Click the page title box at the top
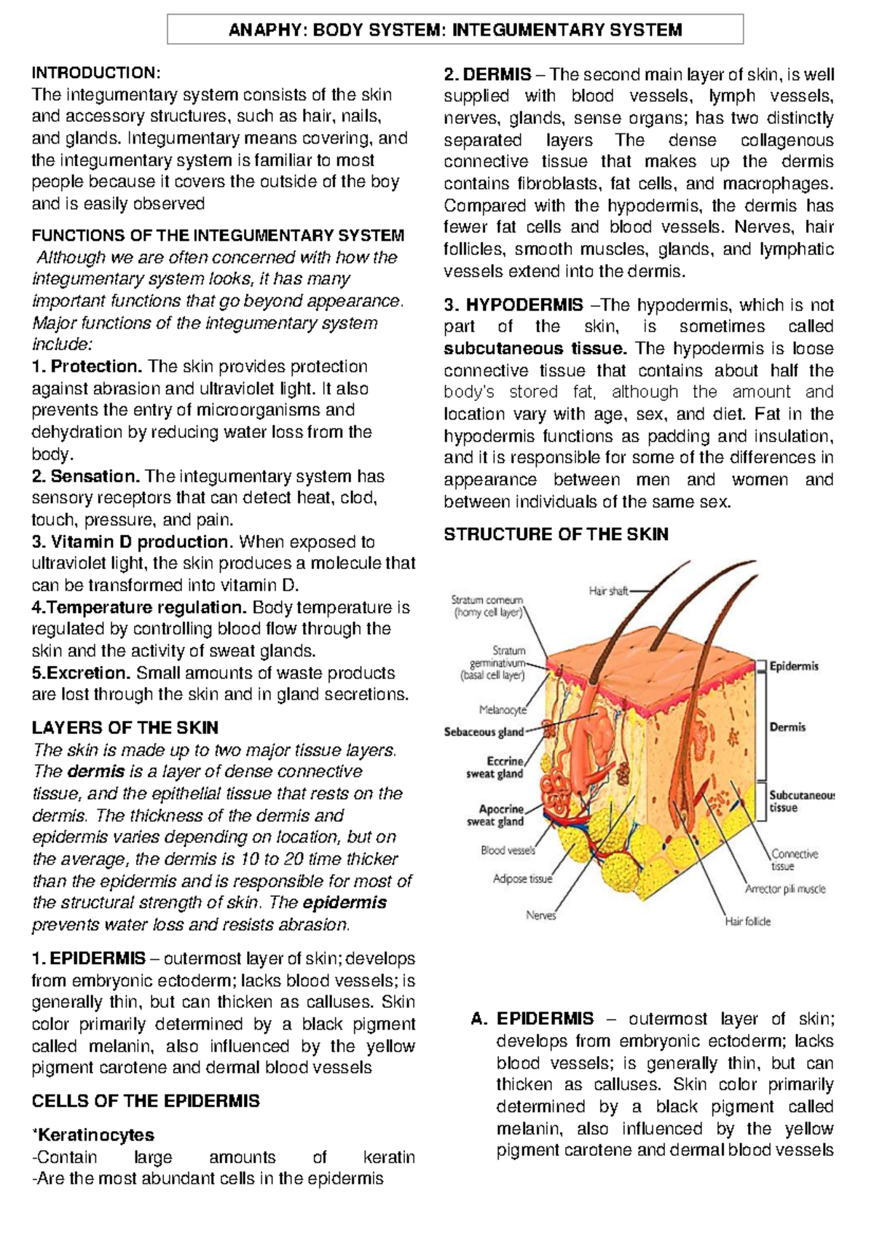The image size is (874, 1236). (455, 30)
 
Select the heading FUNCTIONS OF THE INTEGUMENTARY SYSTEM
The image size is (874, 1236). (218, 235)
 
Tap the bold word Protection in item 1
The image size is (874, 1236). (97, 367)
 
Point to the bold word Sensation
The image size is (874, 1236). (95, 477)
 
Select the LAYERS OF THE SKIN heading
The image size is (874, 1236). (125, 728)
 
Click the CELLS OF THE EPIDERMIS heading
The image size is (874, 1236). (146, 1101)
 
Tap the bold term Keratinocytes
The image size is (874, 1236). (95, 1135)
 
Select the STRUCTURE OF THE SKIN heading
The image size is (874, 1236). (556, 535)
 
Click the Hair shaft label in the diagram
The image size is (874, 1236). (608, 591)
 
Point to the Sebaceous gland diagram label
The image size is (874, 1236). (484, 732)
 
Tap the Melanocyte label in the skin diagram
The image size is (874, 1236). (503, 710)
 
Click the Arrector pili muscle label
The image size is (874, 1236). (785, 889)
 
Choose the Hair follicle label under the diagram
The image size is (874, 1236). (747, 921)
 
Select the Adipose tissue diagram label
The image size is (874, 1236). (522, 879)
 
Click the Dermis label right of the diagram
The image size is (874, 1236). (788, 727)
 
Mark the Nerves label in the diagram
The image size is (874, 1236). (541, 915)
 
